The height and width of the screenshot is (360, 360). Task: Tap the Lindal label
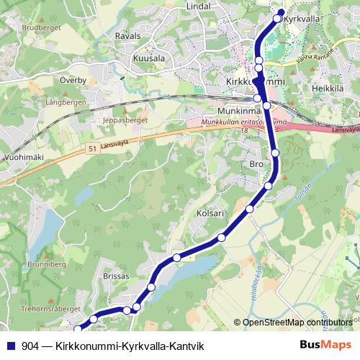pos(197,6)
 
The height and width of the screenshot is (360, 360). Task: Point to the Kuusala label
pos(149,58)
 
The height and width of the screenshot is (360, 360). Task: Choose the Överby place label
pos(73,81)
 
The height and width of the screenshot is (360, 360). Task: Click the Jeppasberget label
pos(125,120)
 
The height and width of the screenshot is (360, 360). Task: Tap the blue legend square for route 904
pos(10,346)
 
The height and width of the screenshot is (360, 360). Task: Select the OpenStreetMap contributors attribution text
pos(297,323)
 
